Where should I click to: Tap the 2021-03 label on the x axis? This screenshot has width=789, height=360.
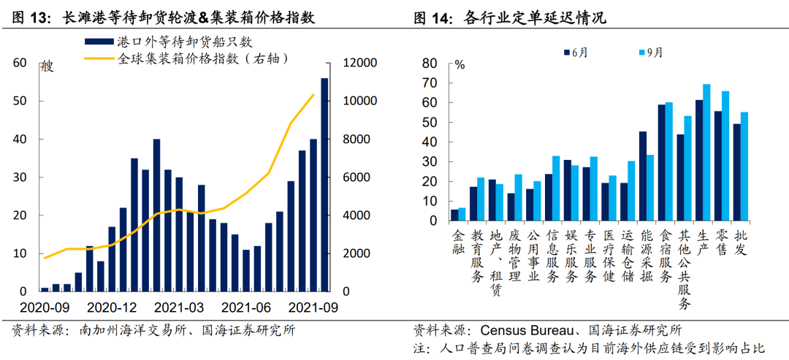tap(179, 306)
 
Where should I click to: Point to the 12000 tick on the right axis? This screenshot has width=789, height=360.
tap(361, 64)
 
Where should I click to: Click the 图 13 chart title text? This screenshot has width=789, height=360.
tap(164, 18)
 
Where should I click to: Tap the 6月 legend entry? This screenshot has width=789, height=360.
tap(577, 52)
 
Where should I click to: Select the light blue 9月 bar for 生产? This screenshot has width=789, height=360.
tap(706, 153)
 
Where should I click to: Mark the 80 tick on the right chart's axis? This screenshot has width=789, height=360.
tap(438, 64)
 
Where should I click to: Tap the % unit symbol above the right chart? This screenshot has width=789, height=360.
tap(460, 64)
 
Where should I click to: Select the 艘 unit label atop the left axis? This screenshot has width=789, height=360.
tap(47, 67)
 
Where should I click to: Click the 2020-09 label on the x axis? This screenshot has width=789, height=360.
tap(43, 306)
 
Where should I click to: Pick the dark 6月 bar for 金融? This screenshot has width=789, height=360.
tap(454, 215)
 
